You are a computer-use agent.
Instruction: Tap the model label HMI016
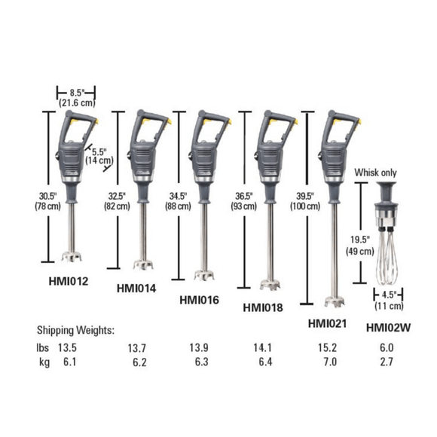[199, 299]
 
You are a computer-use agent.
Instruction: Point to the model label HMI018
[264, 307]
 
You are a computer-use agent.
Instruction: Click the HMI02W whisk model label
[388, 326]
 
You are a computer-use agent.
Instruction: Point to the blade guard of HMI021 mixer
[332, 301]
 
